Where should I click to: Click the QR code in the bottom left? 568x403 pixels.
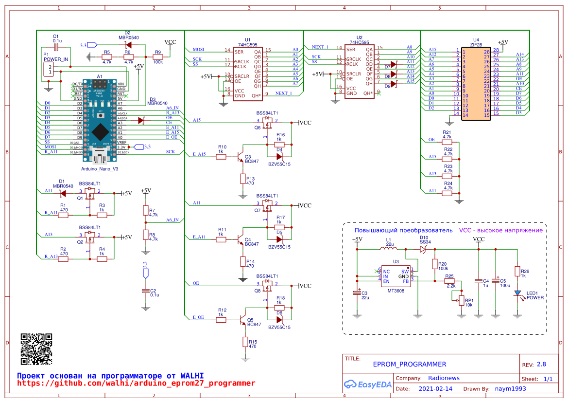pos(36,349)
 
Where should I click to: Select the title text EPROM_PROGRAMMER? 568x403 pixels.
pos(409,364)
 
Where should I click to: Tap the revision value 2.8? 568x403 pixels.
pos(541,365)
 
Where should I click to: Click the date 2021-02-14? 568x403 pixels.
pos(435,389)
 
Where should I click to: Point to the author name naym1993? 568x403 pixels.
pos(510,389)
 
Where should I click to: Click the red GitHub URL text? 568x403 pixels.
pos(136,384)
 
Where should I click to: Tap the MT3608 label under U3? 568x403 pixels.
pos(396,291)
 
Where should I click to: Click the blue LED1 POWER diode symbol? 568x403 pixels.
pos(518,293)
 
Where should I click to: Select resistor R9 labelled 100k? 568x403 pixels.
pos(158,56)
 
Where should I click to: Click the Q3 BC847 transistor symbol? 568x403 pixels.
pos(240,157)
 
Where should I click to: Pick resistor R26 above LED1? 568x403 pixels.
pos(518,271)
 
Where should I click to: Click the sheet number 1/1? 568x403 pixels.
pos(548,379)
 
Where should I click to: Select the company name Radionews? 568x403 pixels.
pos(444,378)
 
